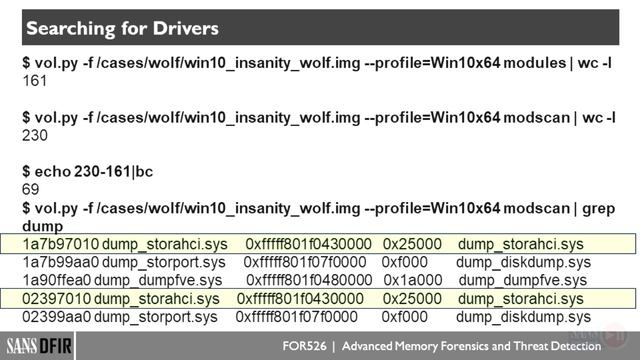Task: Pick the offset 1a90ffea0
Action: point(56,280)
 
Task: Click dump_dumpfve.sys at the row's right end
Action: point(522,280)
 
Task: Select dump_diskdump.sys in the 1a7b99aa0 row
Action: point(523,262)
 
